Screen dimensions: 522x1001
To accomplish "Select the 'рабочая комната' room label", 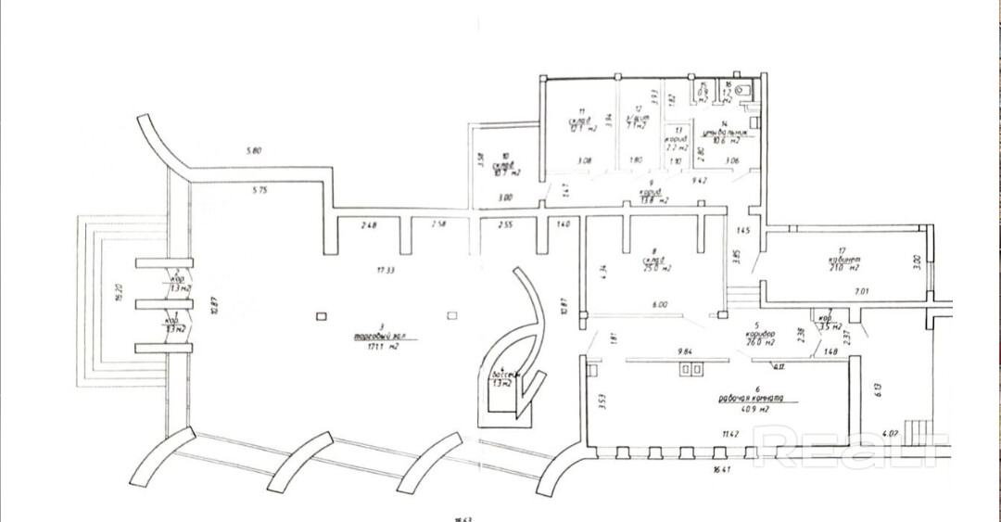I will coord(751,400).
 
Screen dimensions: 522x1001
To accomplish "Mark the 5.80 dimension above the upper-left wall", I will coord(255,150).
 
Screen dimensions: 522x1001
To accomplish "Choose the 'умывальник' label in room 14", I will coord(721,133).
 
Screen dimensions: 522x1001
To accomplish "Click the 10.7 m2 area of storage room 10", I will coord(506,172).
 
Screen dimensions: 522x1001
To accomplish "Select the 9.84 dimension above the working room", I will coord(686,351).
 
